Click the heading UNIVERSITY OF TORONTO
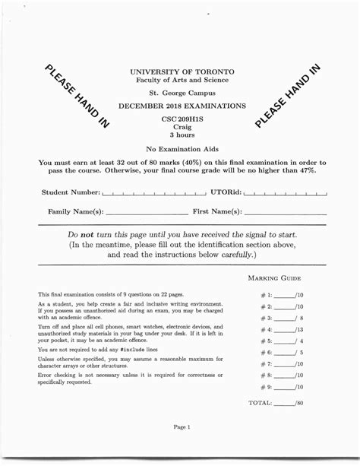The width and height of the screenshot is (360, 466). click(x=182, y=71)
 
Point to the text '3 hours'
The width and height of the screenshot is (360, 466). click(x=182, y=135)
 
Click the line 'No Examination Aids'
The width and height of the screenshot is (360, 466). click(x=182, y=149)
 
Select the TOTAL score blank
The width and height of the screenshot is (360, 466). click(x=286, y=403)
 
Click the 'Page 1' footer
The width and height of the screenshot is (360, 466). click(x=182, y=427)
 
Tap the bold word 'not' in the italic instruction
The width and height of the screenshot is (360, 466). click(x=93, y=235)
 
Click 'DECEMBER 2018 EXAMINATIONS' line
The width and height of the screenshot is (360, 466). click(x=182, y=106)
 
